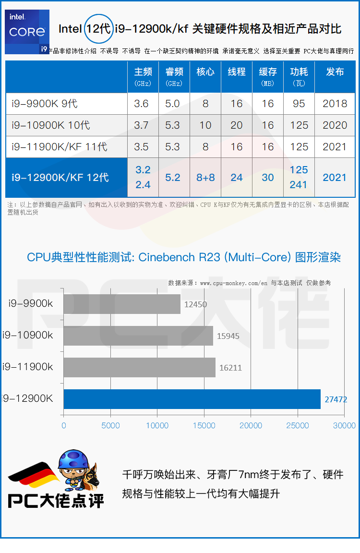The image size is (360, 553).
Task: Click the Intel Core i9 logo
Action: tap(27, 32)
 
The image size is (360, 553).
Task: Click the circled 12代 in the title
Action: tap(99, 29)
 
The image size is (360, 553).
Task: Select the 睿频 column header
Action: tap(174, 77)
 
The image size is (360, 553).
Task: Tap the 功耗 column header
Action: tap(299, 77)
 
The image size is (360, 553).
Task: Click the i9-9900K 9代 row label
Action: tap(45, 104)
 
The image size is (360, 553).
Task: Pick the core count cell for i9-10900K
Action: tap(205, 125)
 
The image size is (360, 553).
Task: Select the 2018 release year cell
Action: tap(335, 104)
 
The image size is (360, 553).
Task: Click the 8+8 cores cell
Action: tap(205, 178)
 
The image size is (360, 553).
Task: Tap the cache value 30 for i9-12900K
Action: tap(268, 178)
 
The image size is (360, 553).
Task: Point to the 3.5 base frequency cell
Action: tap(142, 147)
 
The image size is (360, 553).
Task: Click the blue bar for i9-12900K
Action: tap(192, 399)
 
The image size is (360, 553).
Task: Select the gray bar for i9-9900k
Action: tap(122, 304)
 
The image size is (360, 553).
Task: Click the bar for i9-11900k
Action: tap(140, 368)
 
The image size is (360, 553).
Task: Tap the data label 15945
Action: tap(228, 336)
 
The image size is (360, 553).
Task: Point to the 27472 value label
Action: tap(336, 399)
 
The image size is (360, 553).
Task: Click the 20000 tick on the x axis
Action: tap(251, 426)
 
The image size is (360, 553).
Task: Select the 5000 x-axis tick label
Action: tap(110, 426)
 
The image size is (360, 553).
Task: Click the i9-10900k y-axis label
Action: tap(27, 335)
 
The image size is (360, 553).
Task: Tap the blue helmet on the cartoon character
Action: tap(73, 459)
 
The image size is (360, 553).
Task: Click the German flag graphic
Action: tap(34, 475)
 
